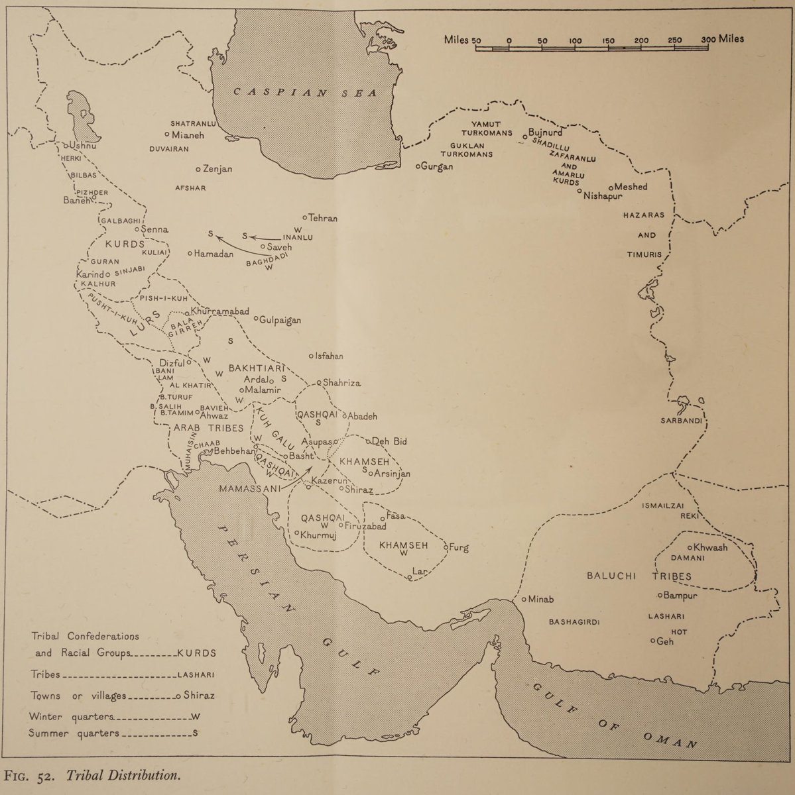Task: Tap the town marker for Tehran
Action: (x=304, y=217)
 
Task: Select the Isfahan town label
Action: (x=329, y=356)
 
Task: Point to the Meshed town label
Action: (x=631, y=187)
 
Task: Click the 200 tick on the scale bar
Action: (x=641, y=41)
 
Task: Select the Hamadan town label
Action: (x=214, y=254)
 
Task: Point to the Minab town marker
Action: (x=524, y=599)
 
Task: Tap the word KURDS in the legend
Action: (x=196, y=653)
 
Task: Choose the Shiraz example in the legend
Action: (x=200, y=696)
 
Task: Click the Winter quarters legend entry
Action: (x=73, y=717)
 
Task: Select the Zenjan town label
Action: (x=217, y=169)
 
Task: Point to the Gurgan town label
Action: (x=437, y=166)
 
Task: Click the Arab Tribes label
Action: (x=209, y=428)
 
